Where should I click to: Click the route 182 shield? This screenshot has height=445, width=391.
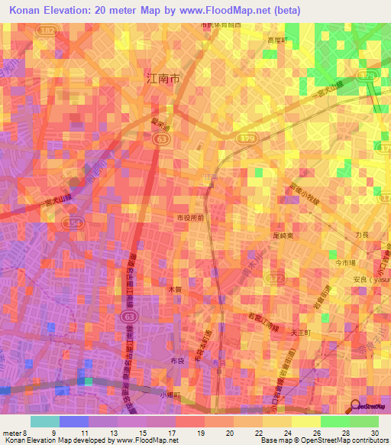[x=49, y=30]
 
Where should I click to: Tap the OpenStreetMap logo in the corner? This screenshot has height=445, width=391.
[x=370, y=406]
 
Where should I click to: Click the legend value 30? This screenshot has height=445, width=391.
[x=374, y=433]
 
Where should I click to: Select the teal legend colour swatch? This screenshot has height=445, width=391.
[x=44, y=421]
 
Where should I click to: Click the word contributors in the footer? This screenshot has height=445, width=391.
[x=366, y=440]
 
